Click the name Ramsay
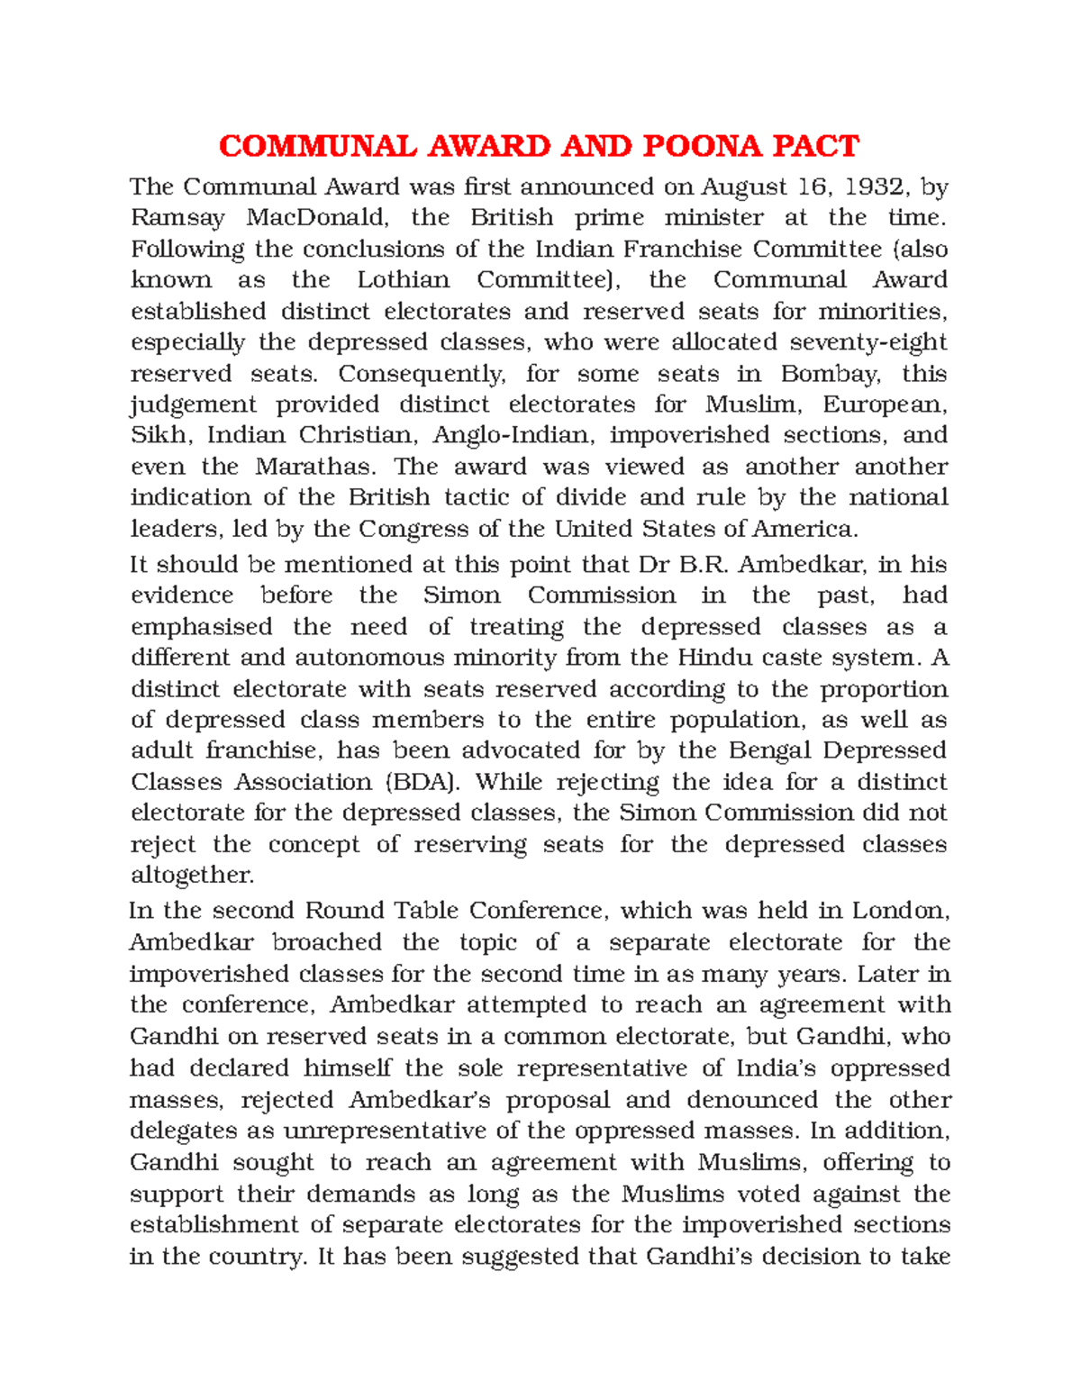pyautogui.click(x=177, y=218)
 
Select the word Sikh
pyautogui.click(x=159, y=435)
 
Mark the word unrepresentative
pyautogui.click(x=398, y=1131)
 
